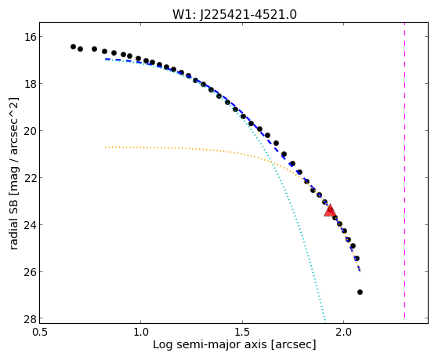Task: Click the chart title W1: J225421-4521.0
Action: [x=234, y=15]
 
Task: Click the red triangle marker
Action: [x=331, y=211]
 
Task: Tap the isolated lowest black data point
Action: [x=360, y=292]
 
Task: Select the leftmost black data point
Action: [x=73, y=46]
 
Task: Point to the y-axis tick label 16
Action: [x=29, y=37]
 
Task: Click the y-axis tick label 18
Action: [x=29, y=84]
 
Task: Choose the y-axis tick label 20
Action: [x=29, y=131]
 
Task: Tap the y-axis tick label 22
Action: [x=29, y=177]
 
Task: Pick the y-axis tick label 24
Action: [x=29, y=224]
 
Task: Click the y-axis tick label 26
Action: [x=29, y=271]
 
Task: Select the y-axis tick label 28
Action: [x=29, y=319]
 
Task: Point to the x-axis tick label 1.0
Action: [x=140, y=332]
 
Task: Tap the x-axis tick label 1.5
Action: [x=242, y=332]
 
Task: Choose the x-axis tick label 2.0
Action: [x=344, y=332]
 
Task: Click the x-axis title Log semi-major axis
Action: [x=210, y=344]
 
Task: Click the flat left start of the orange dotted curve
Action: [x=106, y=147]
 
